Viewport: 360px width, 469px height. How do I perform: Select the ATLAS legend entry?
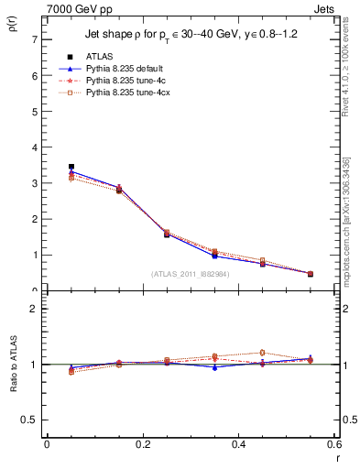(x=99, y=57)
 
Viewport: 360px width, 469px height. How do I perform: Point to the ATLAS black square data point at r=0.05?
(x=71, y=167)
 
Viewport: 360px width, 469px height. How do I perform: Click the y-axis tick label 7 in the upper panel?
(x=34, y=40)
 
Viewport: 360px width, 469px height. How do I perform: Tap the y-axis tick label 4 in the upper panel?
(x=34, y=147)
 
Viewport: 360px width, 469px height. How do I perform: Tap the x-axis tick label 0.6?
(x=334, y=444)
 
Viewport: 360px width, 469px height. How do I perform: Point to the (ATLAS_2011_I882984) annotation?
(x=191, y=274)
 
